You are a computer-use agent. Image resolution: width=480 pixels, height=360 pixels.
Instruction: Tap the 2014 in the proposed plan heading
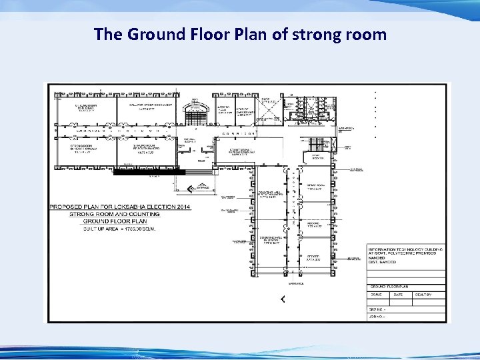[x=181, y=207]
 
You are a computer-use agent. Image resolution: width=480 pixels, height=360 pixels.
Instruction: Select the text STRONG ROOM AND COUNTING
[x=115, y=214]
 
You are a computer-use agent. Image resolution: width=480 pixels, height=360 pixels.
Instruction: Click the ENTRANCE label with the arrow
[x=201, y=187]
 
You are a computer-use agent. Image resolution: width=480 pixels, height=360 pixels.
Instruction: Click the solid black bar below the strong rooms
[x=149, y=172]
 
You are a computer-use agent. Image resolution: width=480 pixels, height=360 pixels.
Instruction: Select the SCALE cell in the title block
[x=377, y=295]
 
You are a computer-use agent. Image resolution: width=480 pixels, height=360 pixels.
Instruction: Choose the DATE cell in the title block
[x=400, y=295]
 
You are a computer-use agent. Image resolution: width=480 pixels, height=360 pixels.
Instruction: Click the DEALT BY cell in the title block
[x=423, y=295]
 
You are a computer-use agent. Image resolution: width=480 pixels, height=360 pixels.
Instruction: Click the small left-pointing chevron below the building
[x=283, y=299]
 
